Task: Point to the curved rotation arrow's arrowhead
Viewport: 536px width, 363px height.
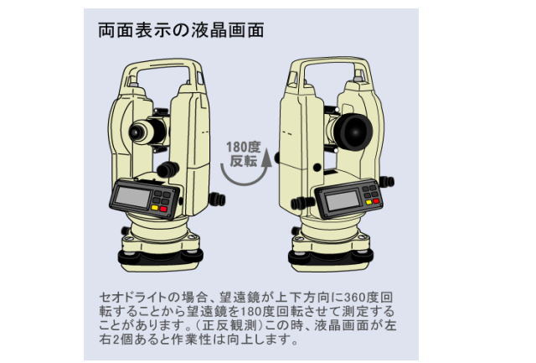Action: pos(267,156)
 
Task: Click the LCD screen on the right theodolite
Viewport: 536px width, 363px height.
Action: pos(341,200)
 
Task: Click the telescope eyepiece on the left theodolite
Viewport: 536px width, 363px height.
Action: pos(137,131)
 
